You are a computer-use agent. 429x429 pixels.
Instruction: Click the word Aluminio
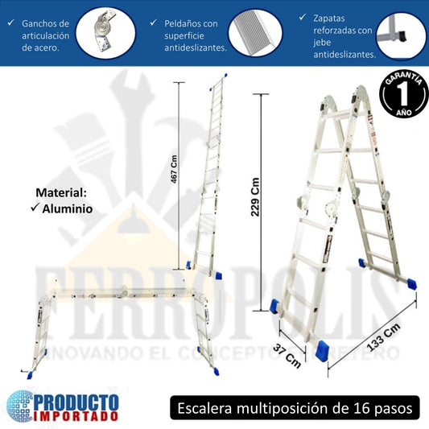pyautogui.click(x=68, y=208)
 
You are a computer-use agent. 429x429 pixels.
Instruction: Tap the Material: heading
pyautogui.click(x=62, y=193)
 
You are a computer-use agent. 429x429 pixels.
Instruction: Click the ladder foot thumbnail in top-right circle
pyautogui.click(x=401, y=34)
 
